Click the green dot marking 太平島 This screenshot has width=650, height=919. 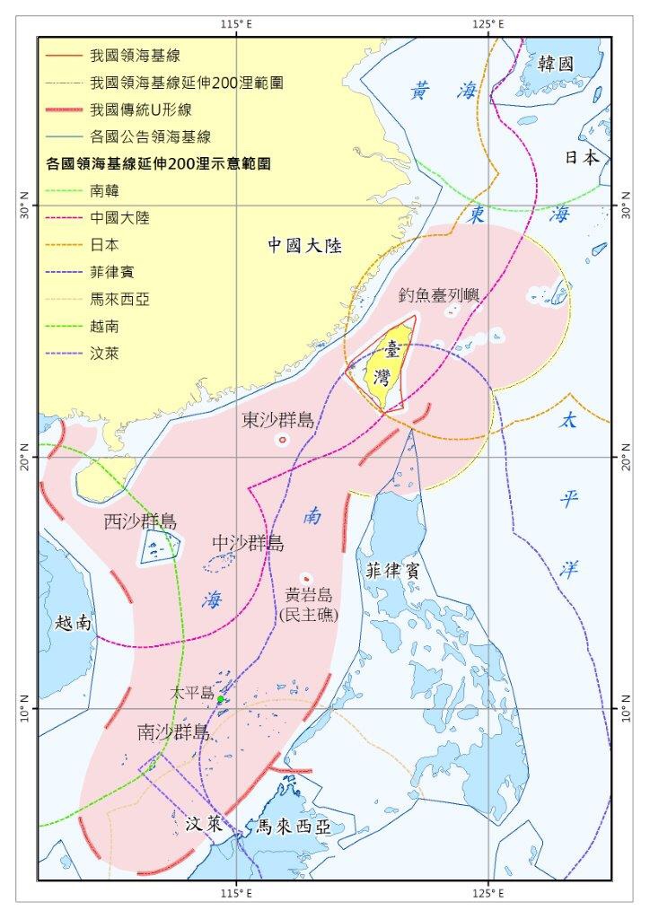[220, 699]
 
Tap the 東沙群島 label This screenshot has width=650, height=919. [278, 420]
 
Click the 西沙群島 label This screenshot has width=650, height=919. [140, 521]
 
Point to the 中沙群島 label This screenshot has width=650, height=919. [248, 543]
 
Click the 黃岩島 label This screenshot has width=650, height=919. [309, 594]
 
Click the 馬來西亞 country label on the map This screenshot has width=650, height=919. [289, 827]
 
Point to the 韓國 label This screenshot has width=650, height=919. [555, 64]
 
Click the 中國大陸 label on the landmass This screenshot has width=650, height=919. [306, 246]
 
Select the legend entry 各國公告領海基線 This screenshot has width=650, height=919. [150, 136]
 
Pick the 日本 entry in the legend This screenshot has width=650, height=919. [105, 244]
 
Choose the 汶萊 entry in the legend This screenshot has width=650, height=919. [105, 353]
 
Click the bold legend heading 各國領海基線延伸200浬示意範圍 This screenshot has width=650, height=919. [160, 164]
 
